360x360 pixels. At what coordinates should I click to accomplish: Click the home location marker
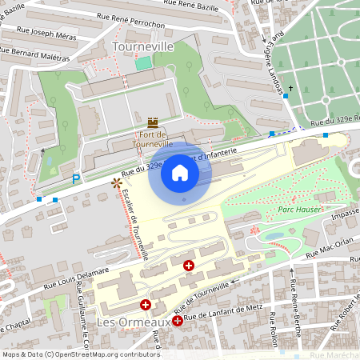180,173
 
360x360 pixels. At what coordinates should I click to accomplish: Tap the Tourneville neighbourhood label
144,47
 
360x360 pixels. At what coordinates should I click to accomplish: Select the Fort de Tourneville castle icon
152,122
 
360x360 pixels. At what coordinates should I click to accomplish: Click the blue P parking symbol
77,180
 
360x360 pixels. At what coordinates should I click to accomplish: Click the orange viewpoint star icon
117,183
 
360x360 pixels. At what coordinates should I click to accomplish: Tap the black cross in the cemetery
291,87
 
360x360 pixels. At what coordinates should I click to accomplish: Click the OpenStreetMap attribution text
81,354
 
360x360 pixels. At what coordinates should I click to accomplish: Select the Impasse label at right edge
344,214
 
